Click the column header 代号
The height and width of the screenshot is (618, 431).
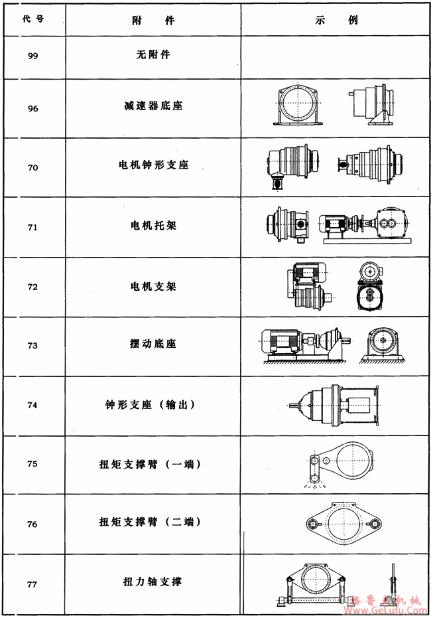tap(32, 20)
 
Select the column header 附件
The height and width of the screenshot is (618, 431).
tap(153, 20)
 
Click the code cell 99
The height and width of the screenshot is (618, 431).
tap(32, 56)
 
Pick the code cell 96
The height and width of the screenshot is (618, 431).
tap(32, 108)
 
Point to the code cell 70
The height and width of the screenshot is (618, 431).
tap(32, 167)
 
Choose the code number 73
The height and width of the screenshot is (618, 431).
tap(32, 346)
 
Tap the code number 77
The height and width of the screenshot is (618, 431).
tap(32, 584)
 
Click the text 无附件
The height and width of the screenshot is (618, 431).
tap(153, 54)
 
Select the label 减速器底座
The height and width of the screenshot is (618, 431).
tap(153, 106)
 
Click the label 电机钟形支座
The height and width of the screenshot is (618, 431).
tap(153, 165)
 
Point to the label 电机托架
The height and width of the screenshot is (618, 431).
tap(153, 225)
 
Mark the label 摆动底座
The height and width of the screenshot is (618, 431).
tap(153, 345)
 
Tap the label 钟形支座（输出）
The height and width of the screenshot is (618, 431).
tap(153, 404)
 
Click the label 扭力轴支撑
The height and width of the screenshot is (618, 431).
tap(153, 582)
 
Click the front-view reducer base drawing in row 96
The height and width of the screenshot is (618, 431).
tap(295, 106)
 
